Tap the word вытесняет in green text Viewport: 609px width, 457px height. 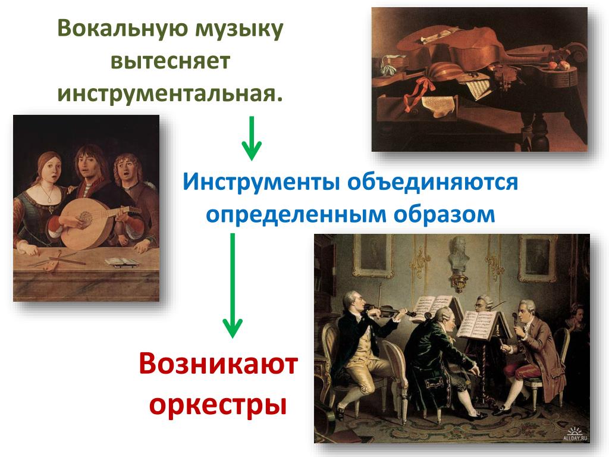(x=171, y=61)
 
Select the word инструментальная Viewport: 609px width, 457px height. (x=169, y=93)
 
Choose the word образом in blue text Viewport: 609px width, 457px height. (x=444, y=214)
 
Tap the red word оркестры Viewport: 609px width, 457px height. (x=218, y=405)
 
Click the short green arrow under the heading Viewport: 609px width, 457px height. (x=252, y=138)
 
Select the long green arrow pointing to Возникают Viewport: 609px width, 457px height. (x=233, y=286)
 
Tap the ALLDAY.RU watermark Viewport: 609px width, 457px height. (x=575, y=434)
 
